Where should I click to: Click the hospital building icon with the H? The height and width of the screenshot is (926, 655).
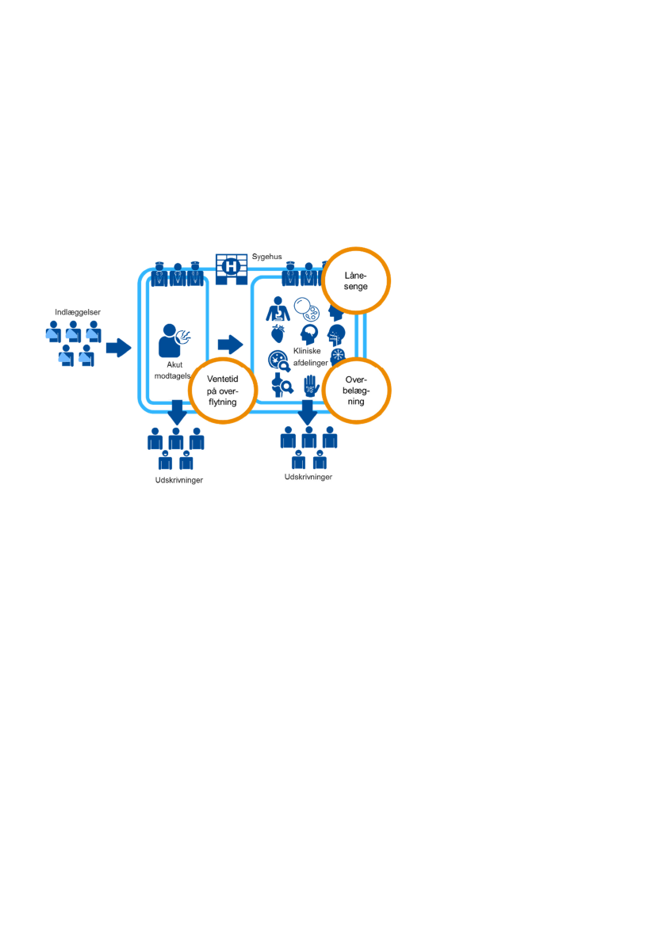coord(232,268)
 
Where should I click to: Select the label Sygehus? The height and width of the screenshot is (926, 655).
coord(266,257)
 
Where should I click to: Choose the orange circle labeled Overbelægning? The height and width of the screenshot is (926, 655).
coord(359,391)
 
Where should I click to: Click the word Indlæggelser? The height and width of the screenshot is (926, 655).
coord(78,312)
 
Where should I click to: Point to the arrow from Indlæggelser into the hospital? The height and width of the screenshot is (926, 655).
coord(118,347)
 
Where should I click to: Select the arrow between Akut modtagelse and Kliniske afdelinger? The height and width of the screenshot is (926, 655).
coord(230,344)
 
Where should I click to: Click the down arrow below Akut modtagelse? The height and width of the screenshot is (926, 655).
coord(176,411)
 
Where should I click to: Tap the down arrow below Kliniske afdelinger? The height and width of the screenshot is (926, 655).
coord(308,412)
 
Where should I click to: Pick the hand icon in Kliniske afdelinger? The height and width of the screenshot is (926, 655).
coord(311,386)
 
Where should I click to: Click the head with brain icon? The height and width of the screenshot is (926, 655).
coord(308,333)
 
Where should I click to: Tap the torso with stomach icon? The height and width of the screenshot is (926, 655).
coord(278,307)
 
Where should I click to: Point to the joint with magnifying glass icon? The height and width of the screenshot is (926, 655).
coord(281,385)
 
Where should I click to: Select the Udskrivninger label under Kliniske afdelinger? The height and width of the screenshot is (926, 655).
coord(308,477)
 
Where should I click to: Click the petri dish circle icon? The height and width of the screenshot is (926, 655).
coord(306,308)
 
